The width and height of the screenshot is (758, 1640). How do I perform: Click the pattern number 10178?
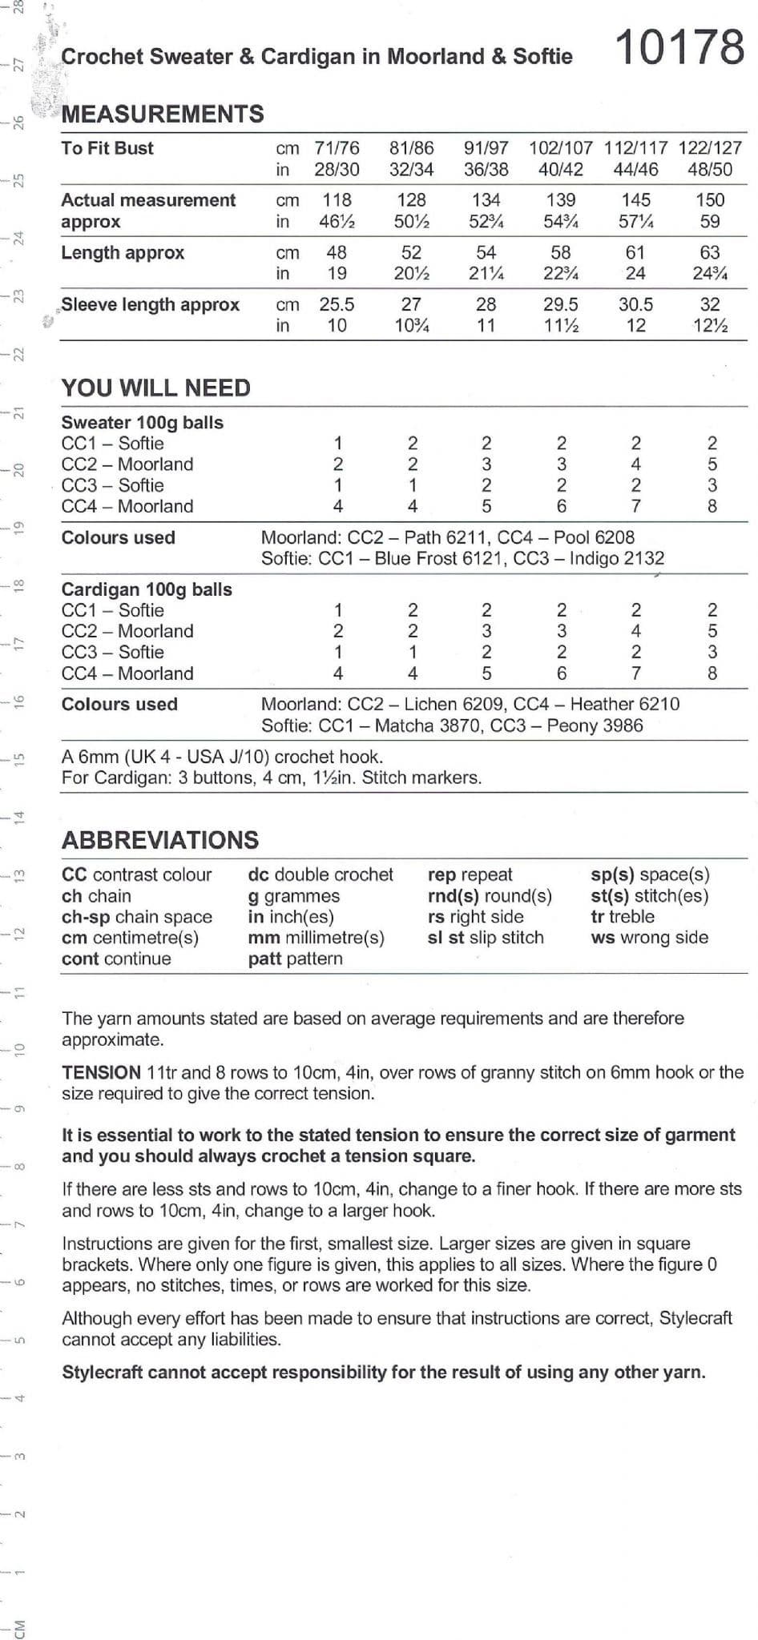pos(679,47)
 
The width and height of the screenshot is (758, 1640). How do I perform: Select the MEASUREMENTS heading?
pos(163,114)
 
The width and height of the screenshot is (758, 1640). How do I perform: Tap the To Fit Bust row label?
pos(107,148)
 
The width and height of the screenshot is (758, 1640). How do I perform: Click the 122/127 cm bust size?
pos(710,148)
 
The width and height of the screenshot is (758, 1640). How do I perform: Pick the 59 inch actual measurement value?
pos(710,222)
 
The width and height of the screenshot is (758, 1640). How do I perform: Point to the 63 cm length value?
pos(710,253)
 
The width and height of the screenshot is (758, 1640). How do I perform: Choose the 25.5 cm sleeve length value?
pos(337,305)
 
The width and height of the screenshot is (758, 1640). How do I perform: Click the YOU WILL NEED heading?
pos(156,388)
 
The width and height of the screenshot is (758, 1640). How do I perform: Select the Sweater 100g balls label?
pos(143,423)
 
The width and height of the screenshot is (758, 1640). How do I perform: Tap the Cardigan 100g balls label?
pos(147,589)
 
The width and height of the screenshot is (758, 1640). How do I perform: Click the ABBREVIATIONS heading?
pos(160,840)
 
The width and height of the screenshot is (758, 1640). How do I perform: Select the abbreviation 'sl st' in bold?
pos(446,938)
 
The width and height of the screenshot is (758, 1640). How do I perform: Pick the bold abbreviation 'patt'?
pos(264,959)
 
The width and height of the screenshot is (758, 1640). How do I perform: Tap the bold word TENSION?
pos(101,1073)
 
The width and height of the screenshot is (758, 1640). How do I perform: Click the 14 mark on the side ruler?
pos(20,817)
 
